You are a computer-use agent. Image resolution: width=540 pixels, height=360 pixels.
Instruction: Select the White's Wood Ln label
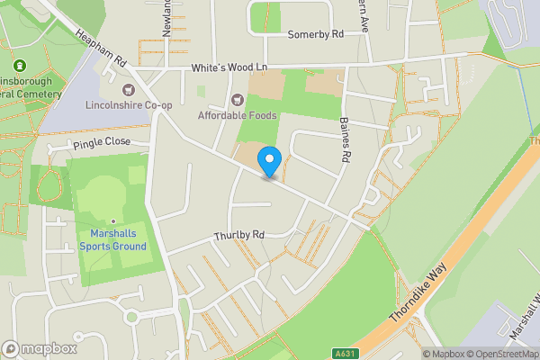click(231, 68)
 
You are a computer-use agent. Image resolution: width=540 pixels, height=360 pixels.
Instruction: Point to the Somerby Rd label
click(316, 35)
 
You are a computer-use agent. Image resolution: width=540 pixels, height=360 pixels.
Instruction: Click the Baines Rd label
click(344, 139)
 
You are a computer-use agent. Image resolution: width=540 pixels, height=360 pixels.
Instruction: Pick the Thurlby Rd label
click(238, 236)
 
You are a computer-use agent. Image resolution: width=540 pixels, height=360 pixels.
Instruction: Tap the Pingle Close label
click(103, 142)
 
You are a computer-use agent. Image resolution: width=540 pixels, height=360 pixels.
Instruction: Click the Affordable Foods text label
click(238, 115)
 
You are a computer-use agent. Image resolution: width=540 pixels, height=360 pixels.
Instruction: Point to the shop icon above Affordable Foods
click(238, 100)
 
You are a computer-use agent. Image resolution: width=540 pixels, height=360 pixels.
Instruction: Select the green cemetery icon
click(20, 66)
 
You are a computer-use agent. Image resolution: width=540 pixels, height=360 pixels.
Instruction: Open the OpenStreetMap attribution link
click(502, 353)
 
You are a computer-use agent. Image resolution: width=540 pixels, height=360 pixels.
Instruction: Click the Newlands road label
click(166, 20)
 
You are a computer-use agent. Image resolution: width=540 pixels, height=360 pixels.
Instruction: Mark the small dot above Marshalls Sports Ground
click(112, 220)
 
